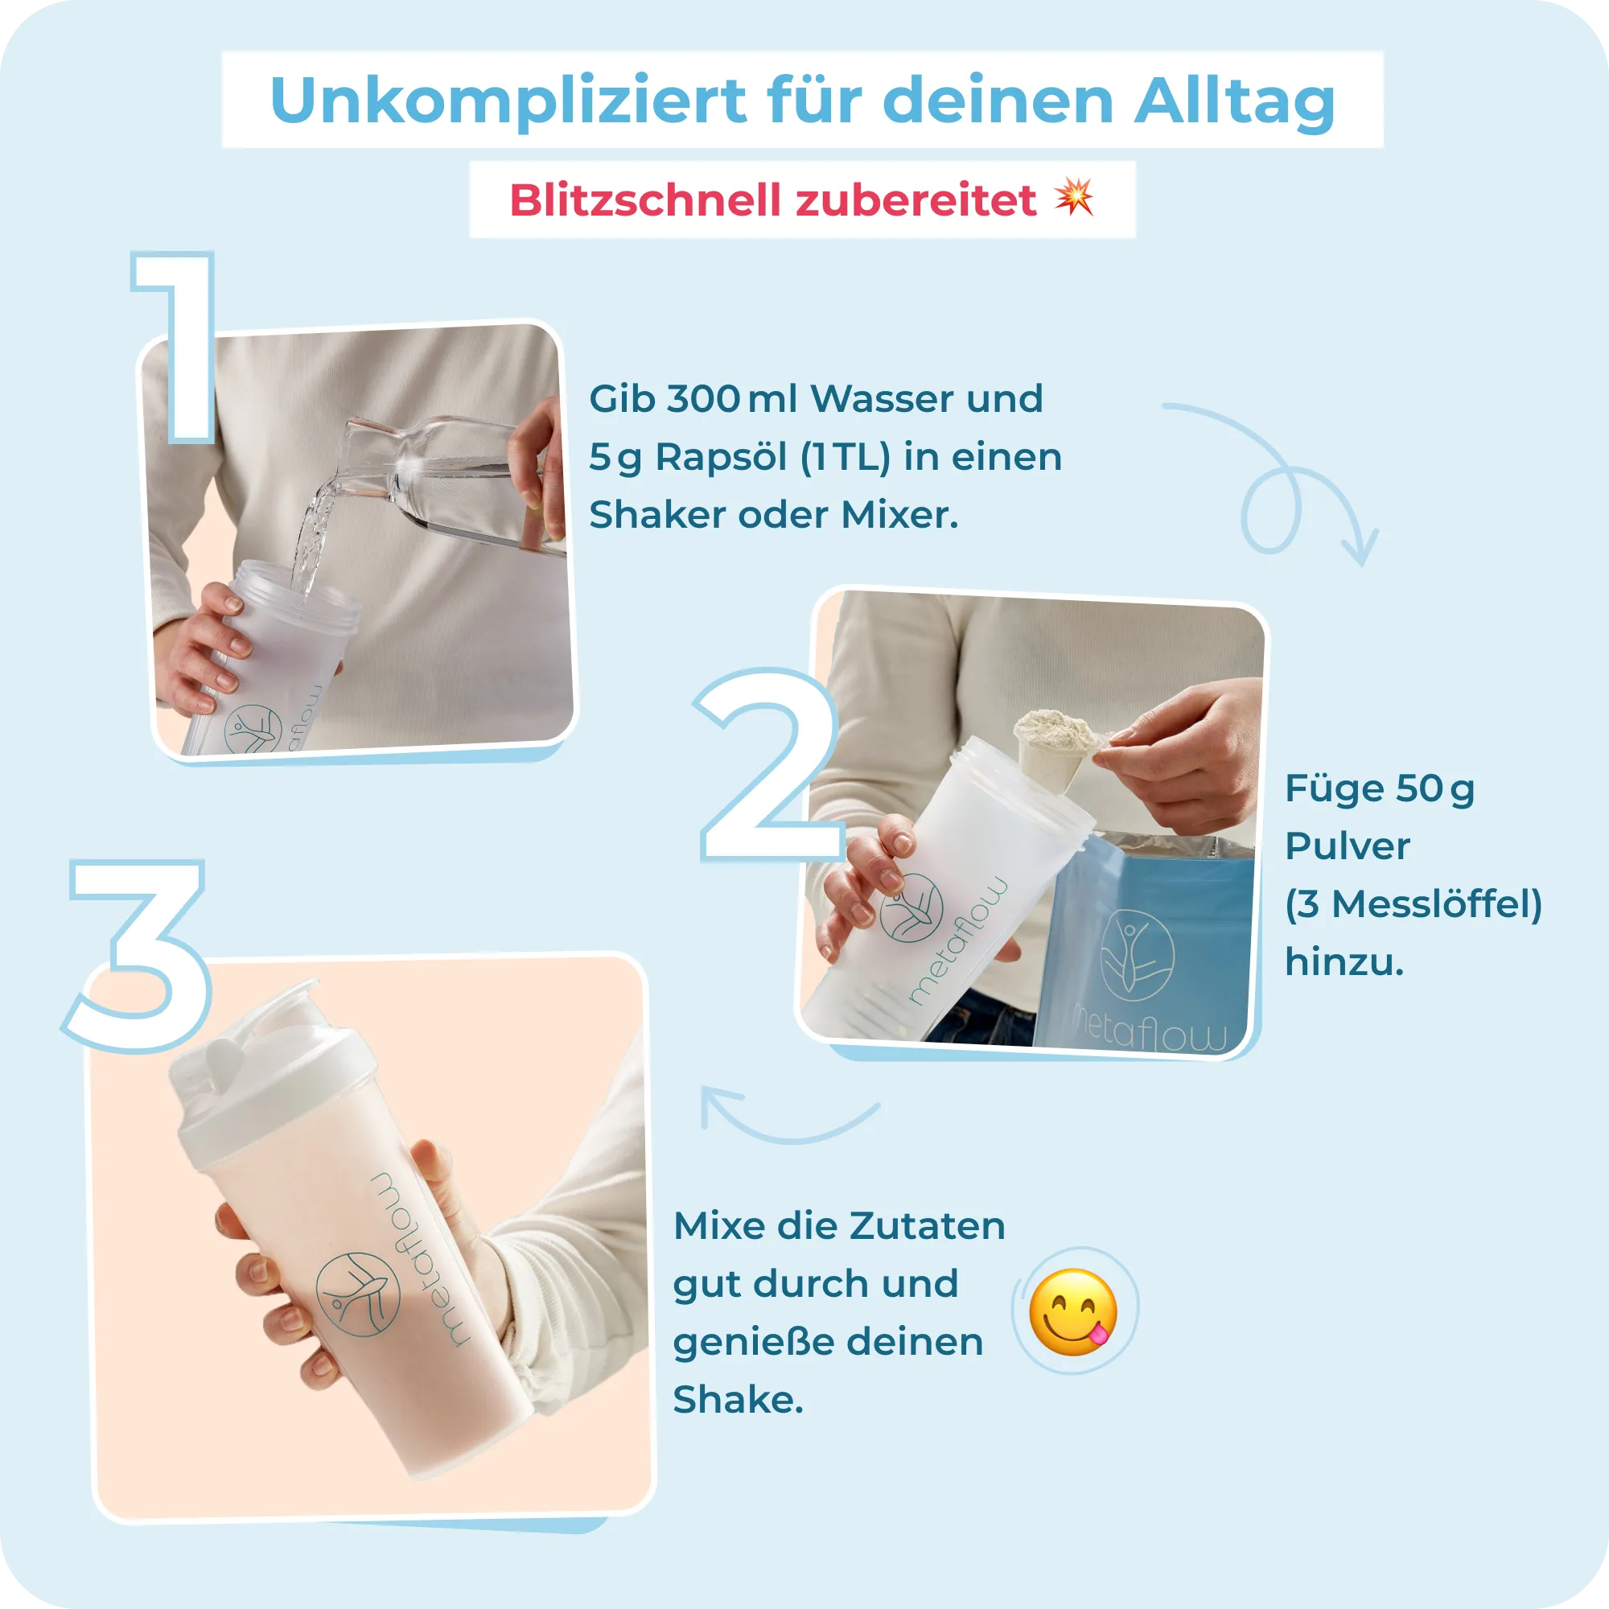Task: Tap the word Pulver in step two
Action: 1347,846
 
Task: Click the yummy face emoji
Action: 1072,1312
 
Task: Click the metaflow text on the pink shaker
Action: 421,1257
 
